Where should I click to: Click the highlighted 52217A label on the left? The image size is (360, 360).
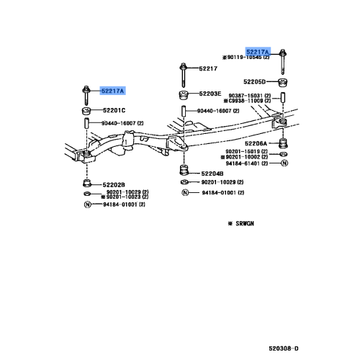[x=112, y=91]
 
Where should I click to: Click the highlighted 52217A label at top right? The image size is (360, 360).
[x=257, y=52]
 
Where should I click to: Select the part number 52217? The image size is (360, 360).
[x=208, y=68]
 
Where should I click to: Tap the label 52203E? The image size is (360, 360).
[x=210, y=94]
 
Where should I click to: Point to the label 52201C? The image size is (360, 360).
[x=113, y=110]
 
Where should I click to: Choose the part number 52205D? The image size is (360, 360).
[x=254, y=81]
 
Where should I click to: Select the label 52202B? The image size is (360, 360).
[x=112, y=184]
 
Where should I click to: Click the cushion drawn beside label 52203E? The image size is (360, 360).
[x=183, y=95]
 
